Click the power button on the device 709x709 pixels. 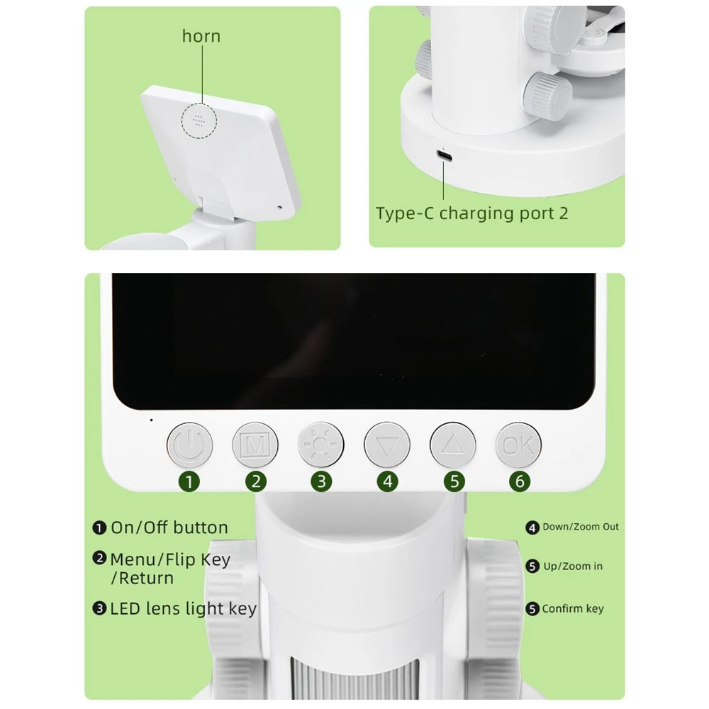(189, 445)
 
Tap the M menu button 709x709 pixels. (255, 445)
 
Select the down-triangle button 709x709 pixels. (387, 445)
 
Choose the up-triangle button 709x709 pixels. (452, 445)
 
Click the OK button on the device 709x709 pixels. (518, 445)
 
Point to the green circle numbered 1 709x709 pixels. (189, 481)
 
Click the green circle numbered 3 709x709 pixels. (321, 481)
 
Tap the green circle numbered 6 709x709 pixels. (520, 481)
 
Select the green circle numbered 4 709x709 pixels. (388, 481)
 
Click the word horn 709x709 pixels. (201, 36)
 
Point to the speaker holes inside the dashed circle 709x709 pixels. (199, 120)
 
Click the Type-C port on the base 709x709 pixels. (444, 156)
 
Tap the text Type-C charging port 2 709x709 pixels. (472, 213)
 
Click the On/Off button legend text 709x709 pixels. (169, 527)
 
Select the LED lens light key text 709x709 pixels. (184, 608)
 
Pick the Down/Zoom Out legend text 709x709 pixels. (581, 527)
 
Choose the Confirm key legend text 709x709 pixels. (573, 608)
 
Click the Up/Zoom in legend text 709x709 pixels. (573, 566)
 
